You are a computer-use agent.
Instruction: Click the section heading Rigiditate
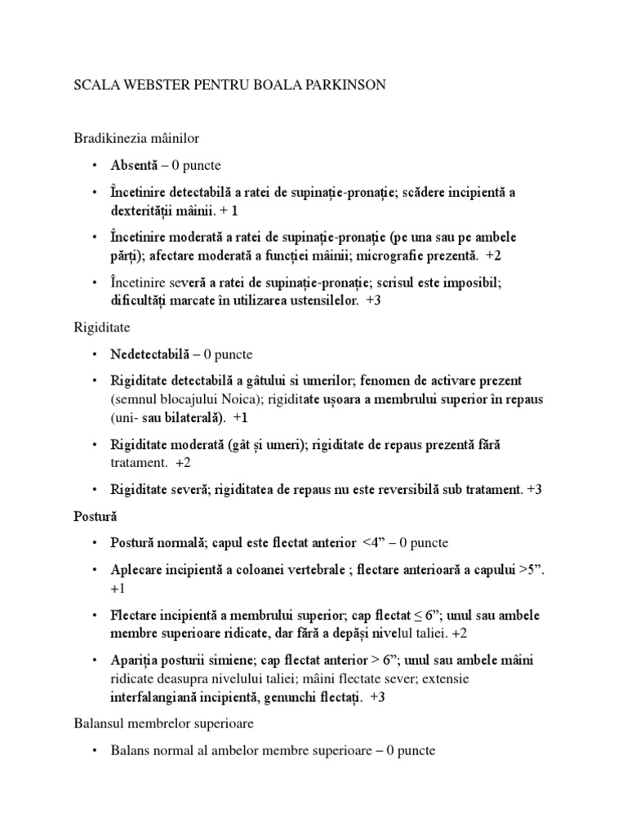pos(102,327)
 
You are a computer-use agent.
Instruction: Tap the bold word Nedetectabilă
pos(150,354)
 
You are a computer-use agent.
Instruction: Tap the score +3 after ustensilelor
pos(374,300)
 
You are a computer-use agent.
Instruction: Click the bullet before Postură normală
pos(95,544)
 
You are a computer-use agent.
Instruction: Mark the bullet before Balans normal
pos(95,751)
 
